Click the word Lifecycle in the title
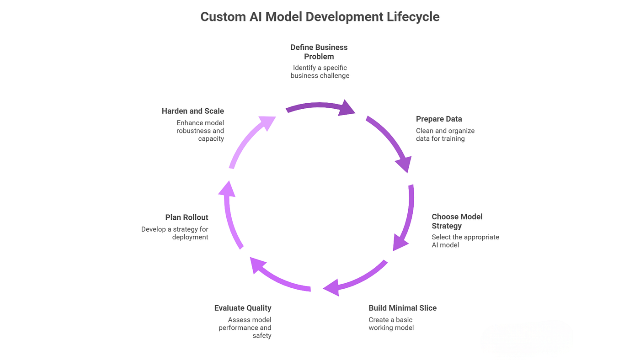(413, 17)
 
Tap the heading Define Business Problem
(319, 52)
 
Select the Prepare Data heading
(439, 119)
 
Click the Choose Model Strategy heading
(457, 221)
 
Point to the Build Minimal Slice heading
(403, 308)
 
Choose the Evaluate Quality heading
(243, 308)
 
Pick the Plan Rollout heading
(187, 217)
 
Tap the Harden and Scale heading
(193, 111)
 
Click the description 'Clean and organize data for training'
(445, 134)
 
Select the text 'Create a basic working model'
(391, 324)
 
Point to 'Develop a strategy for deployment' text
(175, 233)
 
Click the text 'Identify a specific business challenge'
(320, 72)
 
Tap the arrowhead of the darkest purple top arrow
(347, 108)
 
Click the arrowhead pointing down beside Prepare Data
(404, 164)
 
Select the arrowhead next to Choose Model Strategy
(399, 243)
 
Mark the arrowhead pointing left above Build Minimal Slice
(332, 288)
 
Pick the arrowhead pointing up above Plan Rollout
(227, 189)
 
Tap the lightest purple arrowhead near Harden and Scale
(268, 122)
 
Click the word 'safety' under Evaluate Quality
(261, 336)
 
